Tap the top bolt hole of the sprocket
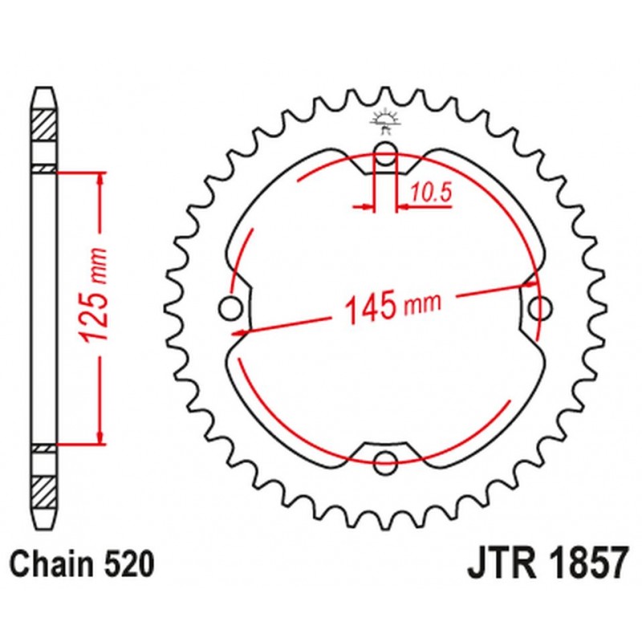click(x=385, y=154)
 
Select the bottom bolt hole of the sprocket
click(x=386, y=461)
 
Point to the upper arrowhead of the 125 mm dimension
click(x=100, y=178)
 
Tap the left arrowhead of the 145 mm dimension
click(x=238, y=329)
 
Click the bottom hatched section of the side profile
click(x=45, y=490)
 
